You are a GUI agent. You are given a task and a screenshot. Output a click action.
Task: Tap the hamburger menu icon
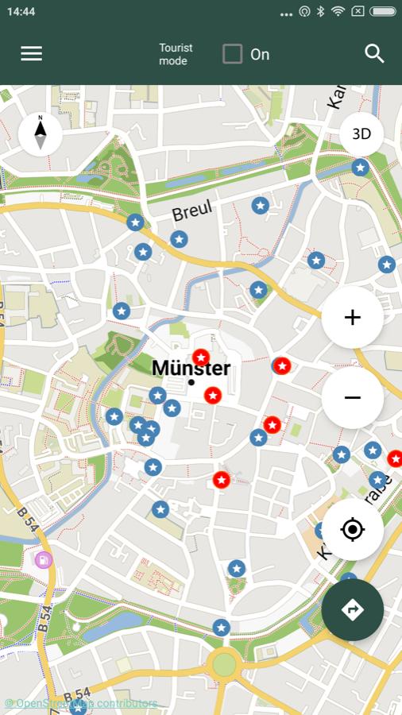32,53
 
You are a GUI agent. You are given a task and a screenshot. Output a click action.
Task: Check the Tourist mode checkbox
232,54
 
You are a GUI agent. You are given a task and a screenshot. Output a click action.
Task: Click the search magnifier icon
374,53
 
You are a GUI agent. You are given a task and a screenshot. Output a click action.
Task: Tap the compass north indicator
40,133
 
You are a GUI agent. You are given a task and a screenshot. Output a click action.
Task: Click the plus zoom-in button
352,318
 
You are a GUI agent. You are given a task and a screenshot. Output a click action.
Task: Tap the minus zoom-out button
352,397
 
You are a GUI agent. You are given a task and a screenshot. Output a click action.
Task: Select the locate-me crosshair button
352,529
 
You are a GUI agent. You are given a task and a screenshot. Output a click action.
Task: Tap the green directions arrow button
352,609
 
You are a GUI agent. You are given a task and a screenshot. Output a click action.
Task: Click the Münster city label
191,368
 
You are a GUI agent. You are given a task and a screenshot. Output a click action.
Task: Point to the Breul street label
192,211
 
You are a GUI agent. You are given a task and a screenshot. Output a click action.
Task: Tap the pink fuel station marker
44,559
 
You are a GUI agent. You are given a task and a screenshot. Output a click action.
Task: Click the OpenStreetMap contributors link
81,704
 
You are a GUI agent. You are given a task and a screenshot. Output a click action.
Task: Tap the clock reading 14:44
21,12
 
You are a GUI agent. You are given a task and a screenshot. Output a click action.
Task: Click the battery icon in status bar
382,12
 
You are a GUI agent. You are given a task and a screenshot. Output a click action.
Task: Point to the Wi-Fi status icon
338,12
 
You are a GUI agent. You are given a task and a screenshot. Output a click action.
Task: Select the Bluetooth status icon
321,12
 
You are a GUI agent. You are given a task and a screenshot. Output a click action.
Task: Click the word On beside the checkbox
260,54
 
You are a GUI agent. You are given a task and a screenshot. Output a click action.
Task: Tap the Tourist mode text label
176,54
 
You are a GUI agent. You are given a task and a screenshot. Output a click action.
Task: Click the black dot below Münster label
191,382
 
